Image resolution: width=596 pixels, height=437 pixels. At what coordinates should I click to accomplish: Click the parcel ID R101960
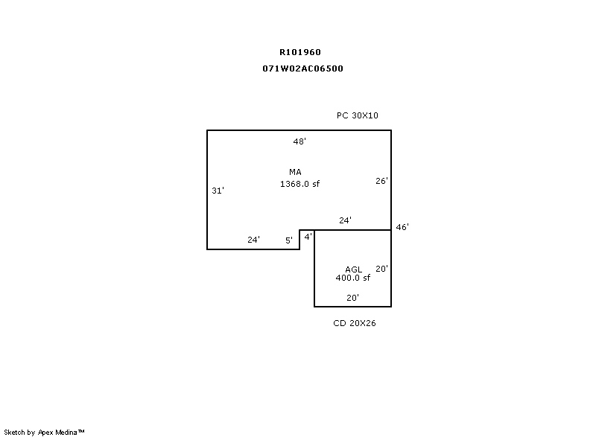[x=300, y=52]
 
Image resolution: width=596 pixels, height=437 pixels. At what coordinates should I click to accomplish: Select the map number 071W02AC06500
[x=302, y=68]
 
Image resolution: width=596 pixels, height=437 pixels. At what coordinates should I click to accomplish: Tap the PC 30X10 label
[x=358, y=115]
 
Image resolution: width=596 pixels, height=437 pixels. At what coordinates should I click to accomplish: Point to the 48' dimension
[x=299, y=141]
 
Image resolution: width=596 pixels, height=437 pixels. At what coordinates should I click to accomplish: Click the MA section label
[x=295, y=172]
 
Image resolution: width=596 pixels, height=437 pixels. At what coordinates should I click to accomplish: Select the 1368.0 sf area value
[x=299, y=183]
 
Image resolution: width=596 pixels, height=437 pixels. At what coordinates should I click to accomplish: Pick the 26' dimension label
[x=381, y=180]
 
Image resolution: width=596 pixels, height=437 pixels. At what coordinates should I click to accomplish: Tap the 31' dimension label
[x=218, y=191]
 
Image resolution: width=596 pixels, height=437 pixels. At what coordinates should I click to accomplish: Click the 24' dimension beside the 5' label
[x=253, y=240]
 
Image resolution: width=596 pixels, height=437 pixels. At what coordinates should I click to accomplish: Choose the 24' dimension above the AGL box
[x=345, y=220]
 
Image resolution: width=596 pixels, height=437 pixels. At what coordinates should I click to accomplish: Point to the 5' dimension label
[x=289, y=240]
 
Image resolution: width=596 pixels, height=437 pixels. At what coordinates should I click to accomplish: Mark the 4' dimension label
[x=308, y=236]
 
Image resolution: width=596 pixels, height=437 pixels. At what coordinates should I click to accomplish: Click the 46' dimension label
[x=402, y=227]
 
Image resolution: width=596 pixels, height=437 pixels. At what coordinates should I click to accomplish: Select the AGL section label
[x=353, y=269]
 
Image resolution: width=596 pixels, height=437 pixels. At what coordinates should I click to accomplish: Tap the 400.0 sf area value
[x=352, y=278]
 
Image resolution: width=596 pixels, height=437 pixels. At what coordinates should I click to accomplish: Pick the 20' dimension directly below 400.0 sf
[x=353, y=297]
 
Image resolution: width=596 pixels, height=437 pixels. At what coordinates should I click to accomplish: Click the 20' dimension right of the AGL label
[x=381, y=269]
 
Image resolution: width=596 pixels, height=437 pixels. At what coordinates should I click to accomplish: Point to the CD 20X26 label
[x=354, y=323]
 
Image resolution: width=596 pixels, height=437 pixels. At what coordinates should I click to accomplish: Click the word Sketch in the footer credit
[x=15, y=432]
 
